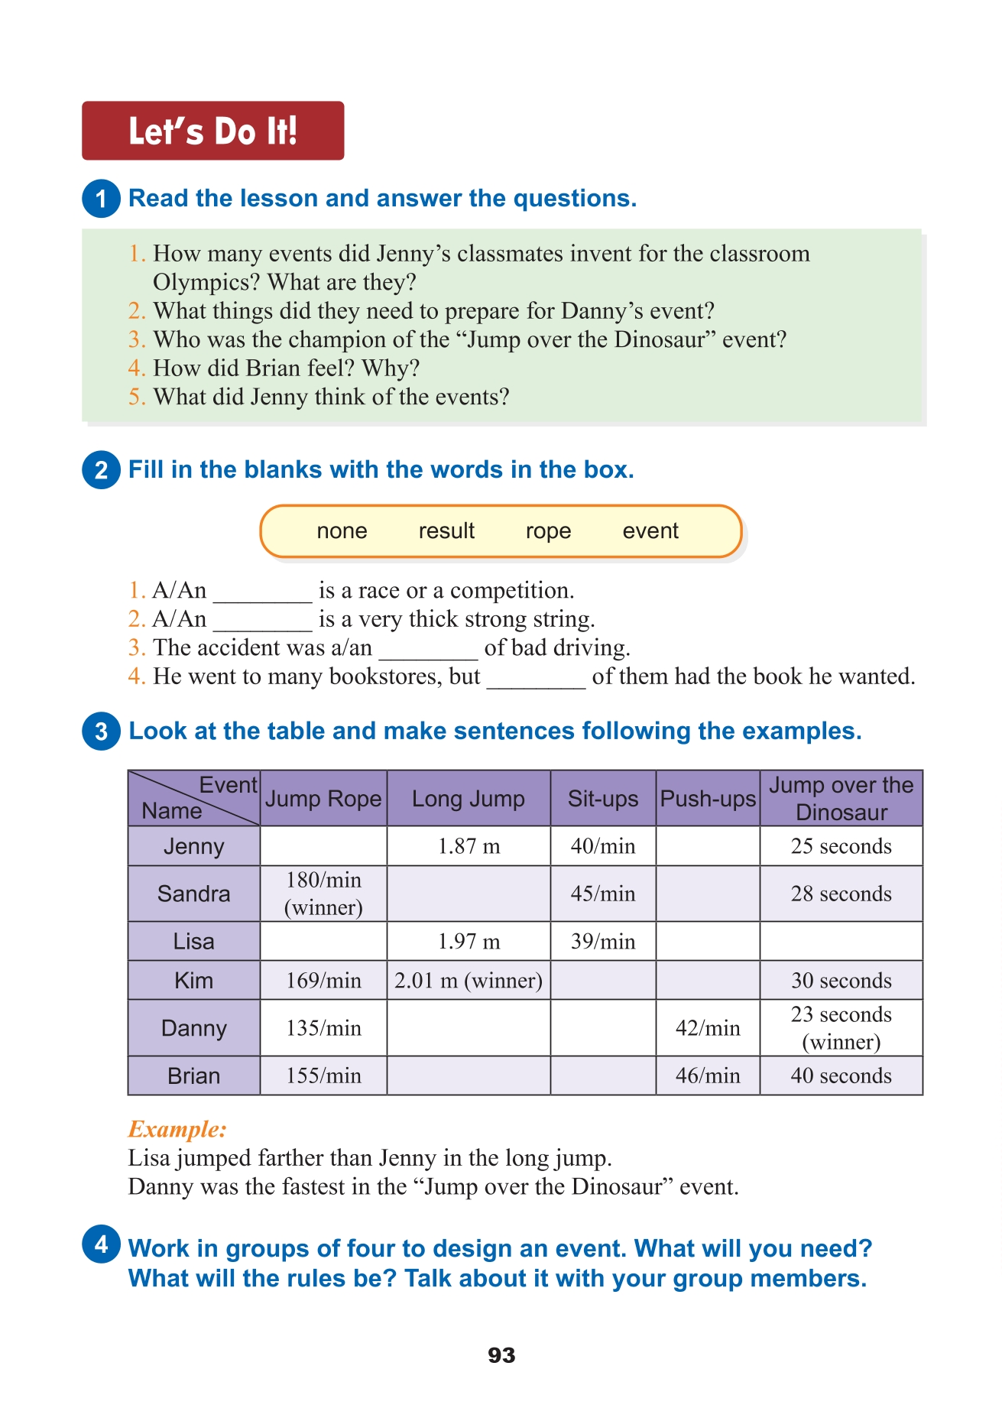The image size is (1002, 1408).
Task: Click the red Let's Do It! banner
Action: (x=212, y=131)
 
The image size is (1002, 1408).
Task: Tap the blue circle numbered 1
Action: (x=101, y=199)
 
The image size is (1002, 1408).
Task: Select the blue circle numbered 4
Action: (x=101, y=1244)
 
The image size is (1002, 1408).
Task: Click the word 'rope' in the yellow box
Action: (x=548, y=531)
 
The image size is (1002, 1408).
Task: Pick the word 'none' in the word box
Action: (x=342, y=531)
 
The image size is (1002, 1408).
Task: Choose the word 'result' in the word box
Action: (x=446, y=531)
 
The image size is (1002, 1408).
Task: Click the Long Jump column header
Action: (x=468, y=799)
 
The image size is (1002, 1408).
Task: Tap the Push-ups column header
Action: (x=708, y=799)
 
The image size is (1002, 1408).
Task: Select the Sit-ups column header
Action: (x=602, y=799)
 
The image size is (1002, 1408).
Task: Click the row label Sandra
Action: (x=193, y=894)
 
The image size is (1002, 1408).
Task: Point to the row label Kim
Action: (x=193, y=981)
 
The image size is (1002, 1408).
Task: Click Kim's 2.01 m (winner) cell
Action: (x=468, y=981)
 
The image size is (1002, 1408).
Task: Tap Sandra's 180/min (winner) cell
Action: (x=323, y=894)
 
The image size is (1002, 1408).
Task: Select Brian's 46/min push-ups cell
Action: (x=708, y=1075)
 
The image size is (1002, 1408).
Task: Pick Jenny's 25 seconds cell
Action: (x=841, y=846)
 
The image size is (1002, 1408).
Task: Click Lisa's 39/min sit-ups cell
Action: (x=602, y=941)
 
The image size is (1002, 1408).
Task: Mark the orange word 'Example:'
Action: (x=177, y=1129)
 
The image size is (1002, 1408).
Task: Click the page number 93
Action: (x=501, y=1355)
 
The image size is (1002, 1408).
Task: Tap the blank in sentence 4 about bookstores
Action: (x=536, y=679)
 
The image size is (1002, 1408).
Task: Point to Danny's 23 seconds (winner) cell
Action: (x=841, y=1028)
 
